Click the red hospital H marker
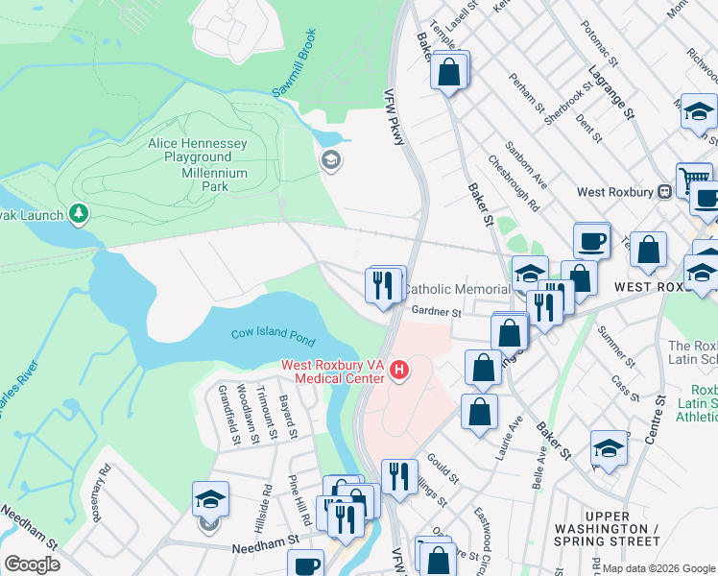pos(399,369)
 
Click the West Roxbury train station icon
pos(663,191)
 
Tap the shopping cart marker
pos(693,179)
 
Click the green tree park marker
pos(79,213)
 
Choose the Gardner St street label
pos(437,311)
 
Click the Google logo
pos(32,564)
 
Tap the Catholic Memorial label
pos(456,289)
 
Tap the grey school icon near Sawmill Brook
pos(331,159)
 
